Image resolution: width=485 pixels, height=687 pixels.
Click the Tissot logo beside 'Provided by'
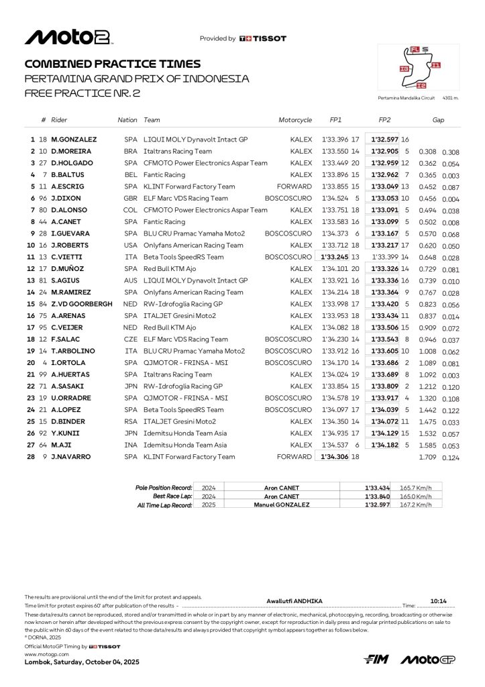tap(263, 39)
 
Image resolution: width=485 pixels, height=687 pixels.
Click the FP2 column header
tap(384, 120)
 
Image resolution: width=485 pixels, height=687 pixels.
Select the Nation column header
tap(127, 120)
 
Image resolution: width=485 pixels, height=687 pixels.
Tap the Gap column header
tap(438, 120)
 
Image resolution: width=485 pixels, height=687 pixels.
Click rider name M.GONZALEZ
tap(74, 140)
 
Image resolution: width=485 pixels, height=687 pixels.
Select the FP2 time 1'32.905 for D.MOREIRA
tap(385, 152)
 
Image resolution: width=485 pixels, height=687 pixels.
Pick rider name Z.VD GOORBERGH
tap(81, 304)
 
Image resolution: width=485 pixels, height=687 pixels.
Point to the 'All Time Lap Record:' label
tap(164, 504)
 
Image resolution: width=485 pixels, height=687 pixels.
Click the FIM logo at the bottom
tap(376, 659)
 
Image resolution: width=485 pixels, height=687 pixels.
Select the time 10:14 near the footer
tap(439, 600)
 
